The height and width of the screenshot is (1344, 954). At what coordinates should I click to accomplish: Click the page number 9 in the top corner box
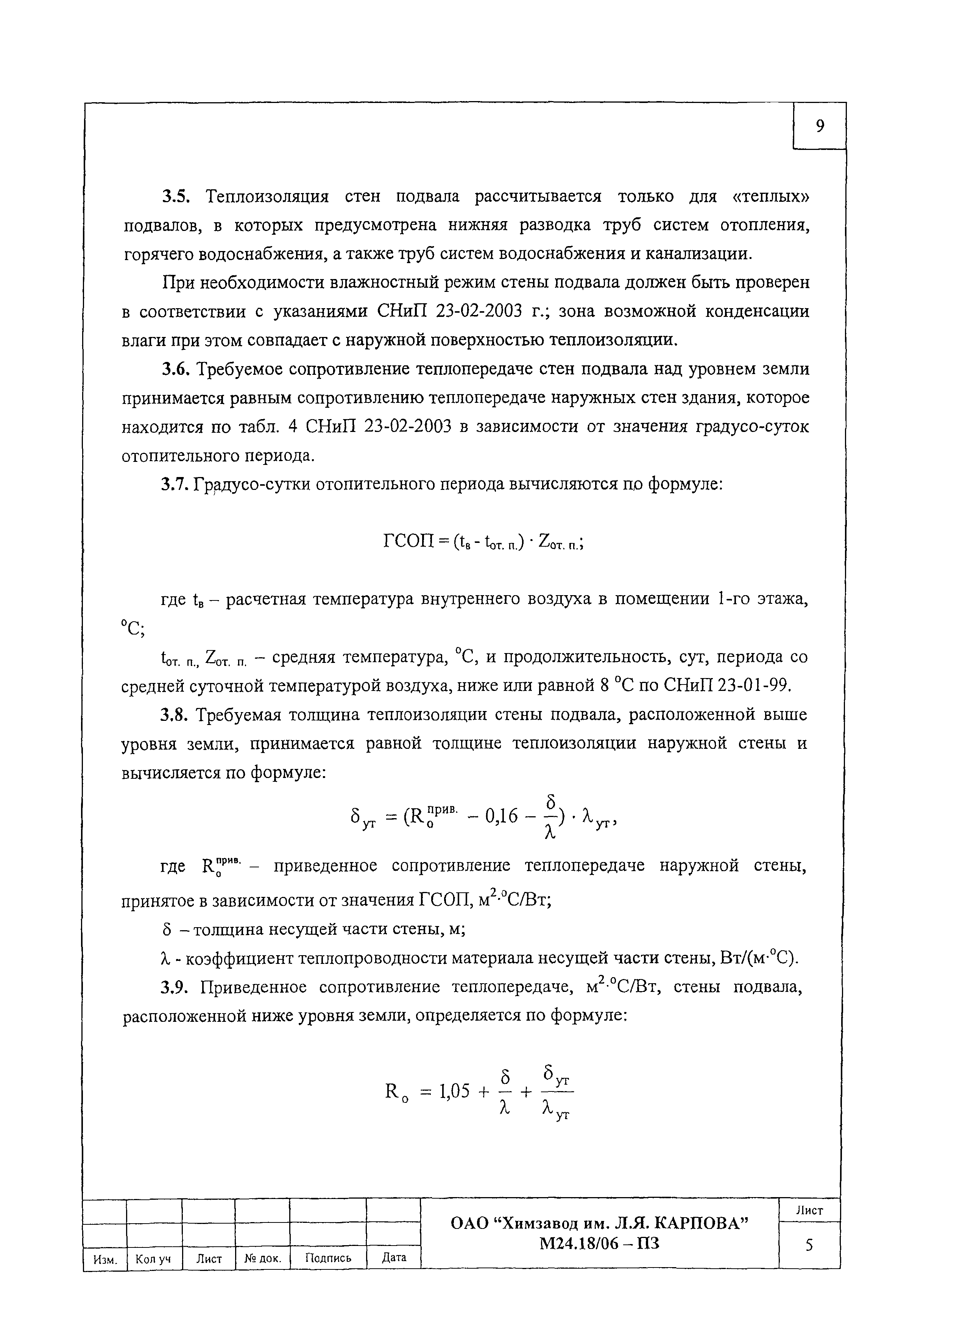click(x=820, y=126)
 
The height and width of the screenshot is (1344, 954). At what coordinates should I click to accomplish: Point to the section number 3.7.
click(x=175, y=485)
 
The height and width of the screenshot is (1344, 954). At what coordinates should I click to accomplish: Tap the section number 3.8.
click(x=175, y=715)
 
